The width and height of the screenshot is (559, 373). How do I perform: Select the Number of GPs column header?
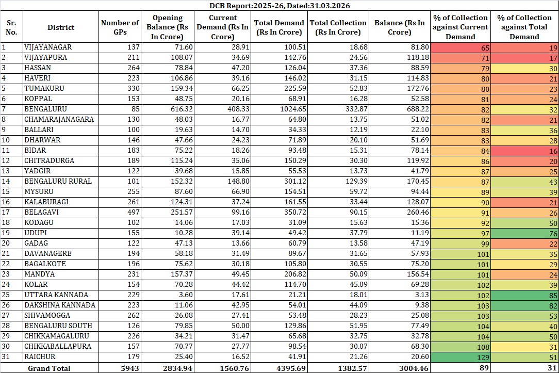tap(120, 27)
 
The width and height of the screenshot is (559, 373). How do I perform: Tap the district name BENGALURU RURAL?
tap(58, 181)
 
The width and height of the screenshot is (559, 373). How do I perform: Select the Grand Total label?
tap(49, 368)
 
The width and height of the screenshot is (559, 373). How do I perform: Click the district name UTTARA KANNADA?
tap(56, 295)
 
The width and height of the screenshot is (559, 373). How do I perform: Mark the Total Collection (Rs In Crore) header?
tap(338, 27)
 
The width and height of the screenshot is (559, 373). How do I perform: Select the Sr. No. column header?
tap(11, 27)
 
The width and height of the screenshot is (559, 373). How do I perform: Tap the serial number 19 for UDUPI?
tap(7, 233)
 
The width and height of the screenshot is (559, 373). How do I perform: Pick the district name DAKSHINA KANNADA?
tap(59, 305)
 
